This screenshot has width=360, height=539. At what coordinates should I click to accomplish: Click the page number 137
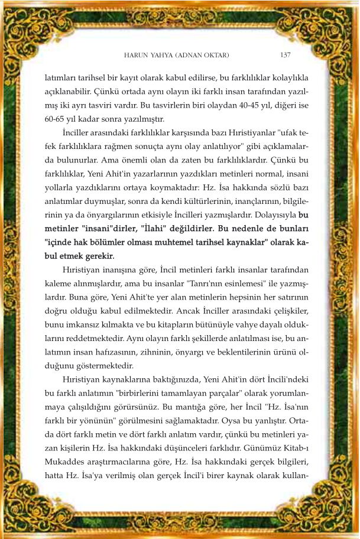click(x=285, y=55)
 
